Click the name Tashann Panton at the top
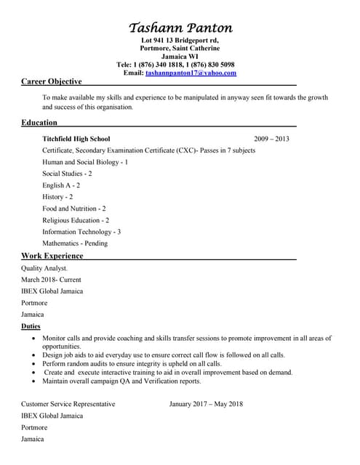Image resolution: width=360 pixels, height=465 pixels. point(180,28)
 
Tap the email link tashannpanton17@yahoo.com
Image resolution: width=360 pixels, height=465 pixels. point(191,73)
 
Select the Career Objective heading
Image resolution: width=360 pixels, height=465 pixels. point(51,81)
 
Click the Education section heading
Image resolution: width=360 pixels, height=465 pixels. point(39,122)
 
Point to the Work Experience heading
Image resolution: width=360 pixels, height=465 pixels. point(52,256)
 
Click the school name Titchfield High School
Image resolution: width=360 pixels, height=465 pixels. point(76,138)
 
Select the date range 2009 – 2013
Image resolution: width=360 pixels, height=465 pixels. point(271,138)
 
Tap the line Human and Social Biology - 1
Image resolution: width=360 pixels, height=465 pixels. point(85,162)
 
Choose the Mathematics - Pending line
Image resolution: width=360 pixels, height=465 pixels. point(75,243)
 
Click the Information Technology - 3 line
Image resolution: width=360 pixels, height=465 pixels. point(81,231)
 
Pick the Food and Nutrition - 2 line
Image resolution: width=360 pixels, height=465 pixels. point(74,208)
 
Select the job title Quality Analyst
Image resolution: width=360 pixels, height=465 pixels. point(44,268)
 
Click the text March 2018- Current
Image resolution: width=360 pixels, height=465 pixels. point(51,280)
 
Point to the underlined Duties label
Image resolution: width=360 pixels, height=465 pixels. point(31,327)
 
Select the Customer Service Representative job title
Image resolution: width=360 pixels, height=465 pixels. point(68,404)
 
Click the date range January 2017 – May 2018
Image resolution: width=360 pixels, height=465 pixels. point(206,404)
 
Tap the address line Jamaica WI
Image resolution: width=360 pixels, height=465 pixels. point(180,57)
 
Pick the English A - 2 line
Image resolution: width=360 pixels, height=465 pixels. point(61,185)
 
